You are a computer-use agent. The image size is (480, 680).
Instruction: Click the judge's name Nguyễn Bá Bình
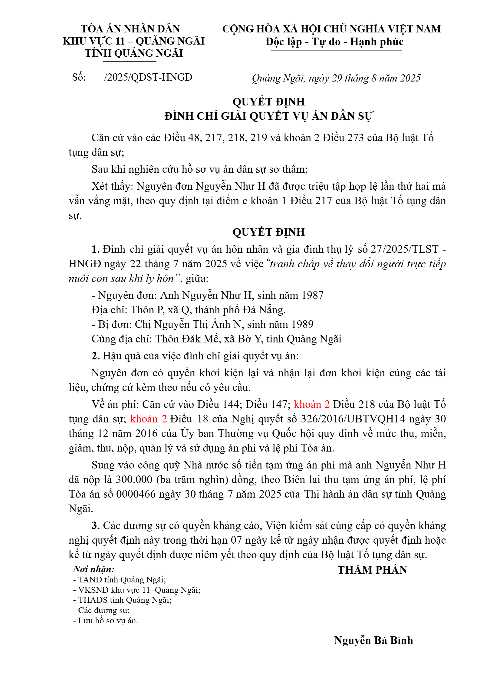[x=373, y=640]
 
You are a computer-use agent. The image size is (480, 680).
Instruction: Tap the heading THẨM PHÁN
[x=372, y=570]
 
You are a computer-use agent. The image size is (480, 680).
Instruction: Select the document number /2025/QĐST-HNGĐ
[x=148, y=77]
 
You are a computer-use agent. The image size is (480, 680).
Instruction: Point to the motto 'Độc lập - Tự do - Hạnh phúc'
[x=334, y=42]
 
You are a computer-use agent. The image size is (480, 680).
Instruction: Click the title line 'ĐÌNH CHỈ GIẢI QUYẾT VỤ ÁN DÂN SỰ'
[x=268, y=116]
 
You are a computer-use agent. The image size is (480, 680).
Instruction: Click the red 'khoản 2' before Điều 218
[x=311, y=404]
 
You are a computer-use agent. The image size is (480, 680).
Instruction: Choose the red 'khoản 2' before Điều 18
[x=148, y=419]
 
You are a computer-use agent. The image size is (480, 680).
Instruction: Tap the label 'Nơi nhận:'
[x=94, y=569]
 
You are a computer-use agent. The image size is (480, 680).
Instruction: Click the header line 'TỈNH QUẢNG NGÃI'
[x=134, y=53]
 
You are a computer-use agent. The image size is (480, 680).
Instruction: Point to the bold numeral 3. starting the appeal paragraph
[x=96, y=525]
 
